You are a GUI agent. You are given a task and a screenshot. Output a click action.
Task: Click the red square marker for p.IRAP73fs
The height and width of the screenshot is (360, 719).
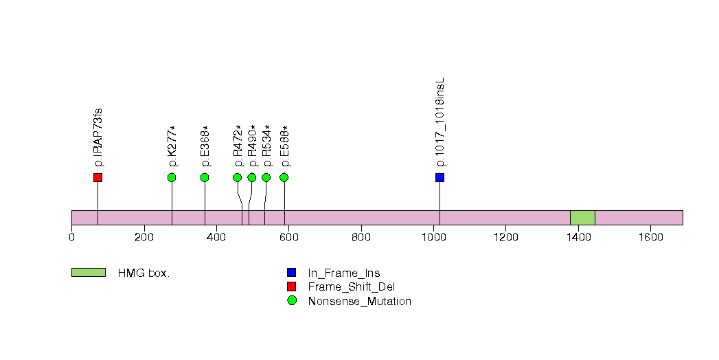point(98,177)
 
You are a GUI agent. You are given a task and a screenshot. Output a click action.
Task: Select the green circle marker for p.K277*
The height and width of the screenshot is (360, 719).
point(172,177)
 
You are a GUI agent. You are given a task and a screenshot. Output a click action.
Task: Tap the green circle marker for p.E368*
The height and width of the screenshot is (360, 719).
point(205,177)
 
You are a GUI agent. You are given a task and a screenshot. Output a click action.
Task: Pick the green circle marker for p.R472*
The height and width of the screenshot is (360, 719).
point(238,177)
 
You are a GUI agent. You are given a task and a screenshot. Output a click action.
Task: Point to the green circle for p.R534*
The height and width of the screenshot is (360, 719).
point(266,177)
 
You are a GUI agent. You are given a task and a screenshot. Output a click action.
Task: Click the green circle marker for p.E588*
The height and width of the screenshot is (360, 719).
point(284,177)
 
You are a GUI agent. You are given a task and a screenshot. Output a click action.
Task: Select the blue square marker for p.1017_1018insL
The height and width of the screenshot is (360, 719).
point(440,177)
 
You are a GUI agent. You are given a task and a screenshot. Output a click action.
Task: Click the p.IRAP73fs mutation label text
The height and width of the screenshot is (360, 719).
point(98,137)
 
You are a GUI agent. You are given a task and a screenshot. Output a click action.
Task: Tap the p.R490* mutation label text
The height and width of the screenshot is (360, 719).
point(252,146)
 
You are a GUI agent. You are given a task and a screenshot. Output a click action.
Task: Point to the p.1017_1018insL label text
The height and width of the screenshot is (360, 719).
point(440,122)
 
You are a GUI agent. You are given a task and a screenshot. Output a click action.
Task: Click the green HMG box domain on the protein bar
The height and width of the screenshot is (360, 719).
point(582,218)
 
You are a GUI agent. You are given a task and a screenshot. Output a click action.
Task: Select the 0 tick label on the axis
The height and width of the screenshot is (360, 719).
point(71,237)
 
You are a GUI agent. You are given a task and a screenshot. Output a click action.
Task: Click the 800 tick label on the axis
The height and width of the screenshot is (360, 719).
point(361,237)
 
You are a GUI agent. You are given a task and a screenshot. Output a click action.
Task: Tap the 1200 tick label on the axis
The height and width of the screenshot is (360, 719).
point(505,237)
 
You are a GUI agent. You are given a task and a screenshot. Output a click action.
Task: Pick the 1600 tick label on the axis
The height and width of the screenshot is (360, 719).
point(650,237)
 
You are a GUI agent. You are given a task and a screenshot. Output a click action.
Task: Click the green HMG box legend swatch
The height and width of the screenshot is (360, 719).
point(89,273)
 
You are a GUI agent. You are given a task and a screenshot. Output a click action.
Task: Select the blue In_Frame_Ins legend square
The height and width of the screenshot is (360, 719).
point(292,273)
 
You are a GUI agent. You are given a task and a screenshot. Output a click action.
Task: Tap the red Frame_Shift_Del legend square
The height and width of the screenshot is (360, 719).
point(292,286)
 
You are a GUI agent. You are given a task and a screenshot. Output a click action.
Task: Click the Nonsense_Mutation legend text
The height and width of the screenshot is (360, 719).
point(360,302)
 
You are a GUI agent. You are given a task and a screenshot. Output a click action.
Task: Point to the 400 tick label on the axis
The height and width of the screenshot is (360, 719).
point(216,237)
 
